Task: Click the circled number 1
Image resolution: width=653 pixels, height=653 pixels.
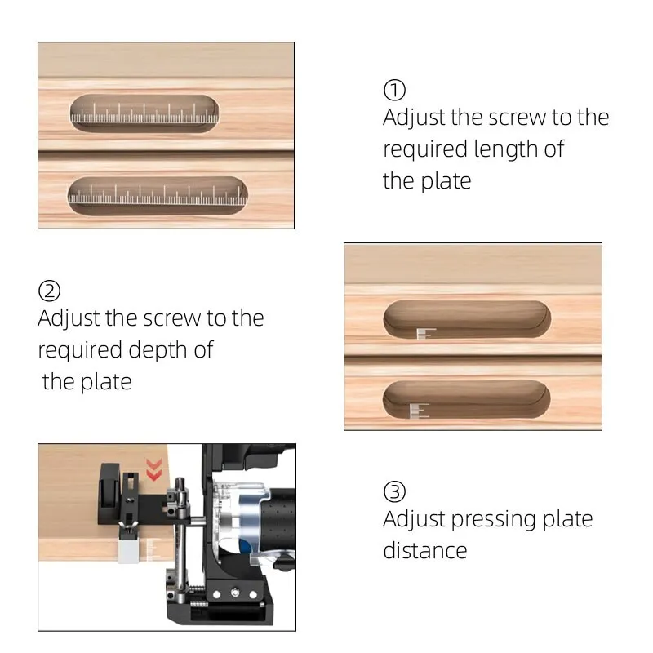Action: [394, 89]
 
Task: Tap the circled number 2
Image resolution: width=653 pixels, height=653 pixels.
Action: [50, 290]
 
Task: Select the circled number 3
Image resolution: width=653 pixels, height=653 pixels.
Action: [394, 491]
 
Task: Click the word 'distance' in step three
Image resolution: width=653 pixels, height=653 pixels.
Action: [425, 550]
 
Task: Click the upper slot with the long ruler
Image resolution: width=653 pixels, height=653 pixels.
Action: [144, 113]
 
